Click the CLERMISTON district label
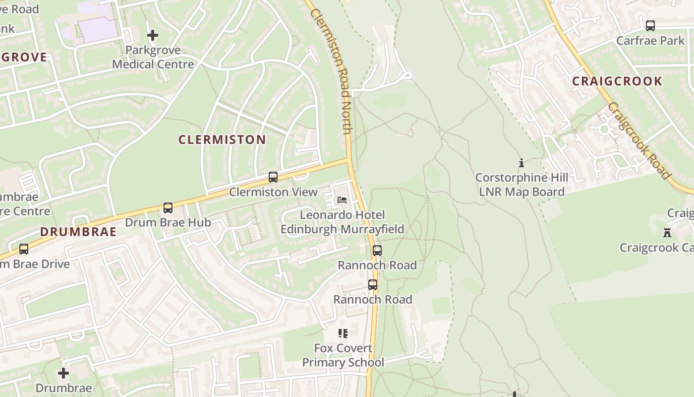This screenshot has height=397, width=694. click(x=222, y=140)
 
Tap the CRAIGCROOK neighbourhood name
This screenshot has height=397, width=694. click(x=617, y=81)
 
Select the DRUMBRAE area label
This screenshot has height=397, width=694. click(x=78, y=232)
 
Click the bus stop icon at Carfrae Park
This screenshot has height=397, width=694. click(x=650, y=26)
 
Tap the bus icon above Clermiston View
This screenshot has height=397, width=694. click(x=273, y=177)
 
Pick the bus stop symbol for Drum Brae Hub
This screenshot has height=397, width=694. click(x=168, y=208)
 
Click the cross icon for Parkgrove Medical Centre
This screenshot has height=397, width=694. click(x=153, y=35)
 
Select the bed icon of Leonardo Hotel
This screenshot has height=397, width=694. click(x=342, y=200)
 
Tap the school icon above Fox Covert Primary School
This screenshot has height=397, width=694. click(x=343, y=333)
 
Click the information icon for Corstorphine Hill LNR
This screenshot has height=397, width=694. click(x=521, y=163)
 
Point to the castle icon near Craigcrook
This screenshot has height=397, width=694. click(x=667, y=232)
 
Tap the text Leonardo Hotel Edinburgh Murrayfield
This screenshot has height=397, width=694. click(x=343, y=222)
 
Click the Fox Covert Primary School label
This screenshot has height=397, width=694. click(x=343, y=355)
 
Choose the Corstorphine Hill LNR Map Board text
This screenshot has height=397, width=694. click(x=521, y=185)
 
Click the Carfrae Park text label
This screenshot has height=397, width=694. click(x=650, y=41)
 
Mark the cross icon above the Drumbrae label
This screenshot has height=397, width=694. click(x=63, y=373)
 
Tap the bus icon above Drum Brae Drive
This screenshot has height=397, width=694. click(x=24, y=249)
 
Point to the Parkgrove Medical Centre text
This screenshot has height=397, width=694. click(x=153, y=57)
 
